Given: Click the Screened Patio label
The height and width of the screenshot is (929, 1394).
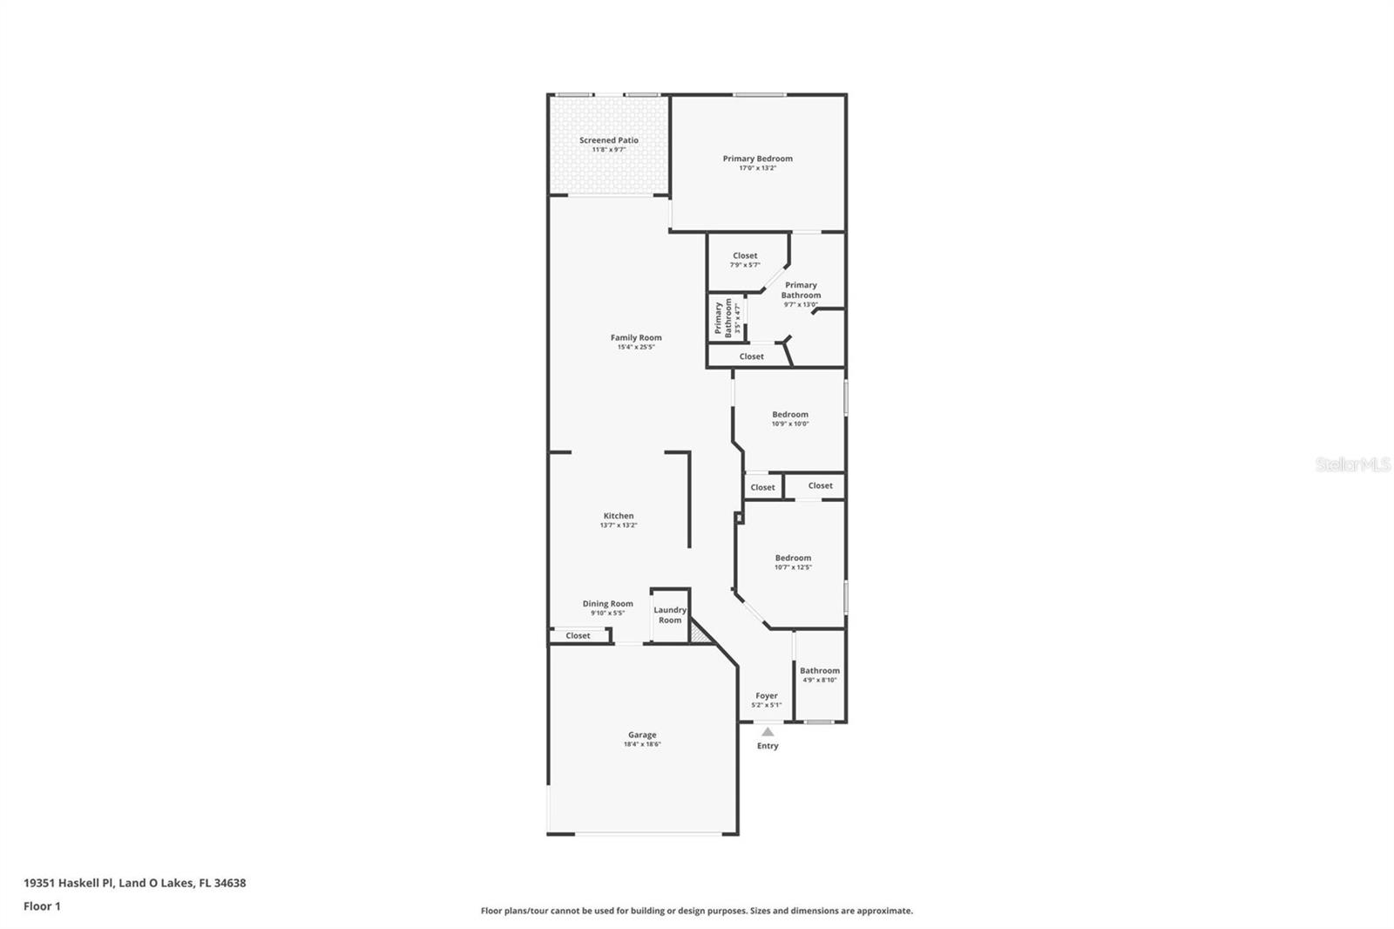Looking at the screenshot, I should (x=609, y=140).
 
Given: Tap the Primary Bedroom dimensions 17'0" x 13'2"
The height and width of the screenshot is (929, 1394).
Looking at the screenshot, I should (x=757, y=168).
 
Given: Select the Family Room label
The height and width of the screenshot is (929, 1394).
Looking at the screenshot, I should (x=636, y=337).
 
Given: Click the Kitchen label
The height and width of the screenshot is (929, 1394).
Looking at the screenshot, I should (x=619, y=516).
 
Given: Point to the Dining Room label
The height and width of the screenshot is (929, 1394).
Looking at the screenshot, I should (x=607, y=604).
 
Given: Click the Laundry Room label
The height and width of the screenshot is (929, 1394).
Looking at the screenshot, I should (x=670, y=615).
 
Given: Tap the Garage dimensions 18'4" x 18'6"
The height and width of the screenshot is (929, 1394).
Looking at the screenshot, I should (x=642, y=744).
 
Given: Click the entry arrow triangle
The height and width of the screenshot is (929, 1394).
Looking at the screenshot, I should (x=768, y=732).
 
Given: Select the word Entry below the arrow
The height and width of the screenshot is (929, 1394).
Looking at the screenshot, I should (x=768, y=746).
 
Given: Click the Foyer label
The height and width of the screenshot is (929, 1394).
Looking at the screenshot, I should (x=767, y=696).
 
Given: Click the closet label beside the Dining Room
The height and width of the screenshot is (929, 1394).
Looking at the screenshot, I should (x=578, y=636).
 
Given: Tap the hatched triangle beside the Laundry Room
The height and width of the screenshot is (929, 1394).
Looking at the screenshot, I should (x=699, y=634).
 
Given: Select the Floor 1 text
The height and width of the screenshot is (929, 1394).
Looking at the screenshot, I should (x=42, y=906).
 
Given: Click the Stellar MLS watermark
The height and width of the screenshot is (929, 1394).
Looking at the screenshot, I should (x=1352, y=464).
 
